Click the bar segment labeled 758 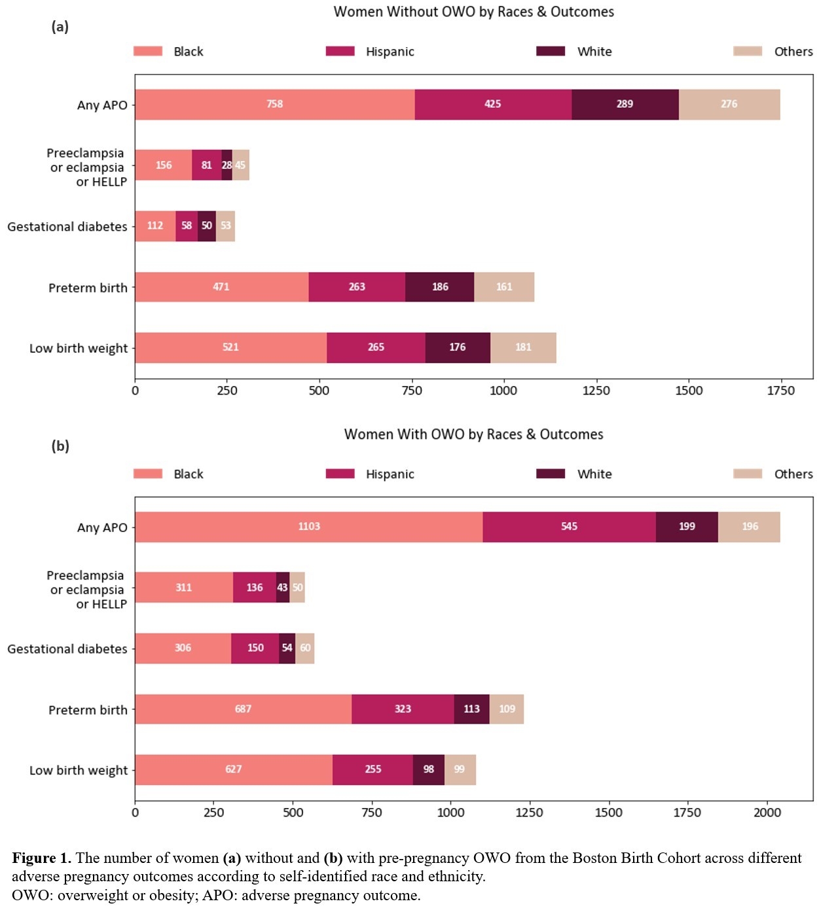click(x=274, y=105)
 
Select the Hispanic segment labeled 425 click(x=492, y=105)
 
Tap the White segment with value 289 click(x=625, y=105)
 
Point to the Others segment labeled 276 click(x=729, y=105)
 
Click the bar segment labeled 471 click(x=221, y=287)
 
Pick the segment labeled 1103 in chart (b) click(x=308, y=527)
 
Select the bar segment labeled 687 click(x=243, y=709)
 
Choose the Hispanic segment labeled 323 click(x=403, y=709)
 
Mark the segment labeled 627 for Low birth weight click(x=234, y=769)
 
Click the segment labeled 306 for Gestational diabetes click(x=183, y=648)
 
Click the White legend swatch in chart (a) click(x=550, y=51)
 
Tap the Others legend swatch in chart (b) click(x=747, y=474)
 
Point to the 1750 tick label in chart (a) click(x=780, y=391)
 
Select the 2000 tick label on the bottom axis click(x=767, y=813)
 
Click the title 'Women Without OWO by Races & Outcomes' click(x=473, y=12)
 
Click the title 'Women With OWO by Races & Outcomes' click(x=473, y=434)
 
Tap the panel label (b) click(x=60, y=446)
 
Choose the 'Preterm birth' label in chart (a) click(x=88, y=288)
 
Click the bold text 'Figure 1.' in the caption click(x=41, y=858)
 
